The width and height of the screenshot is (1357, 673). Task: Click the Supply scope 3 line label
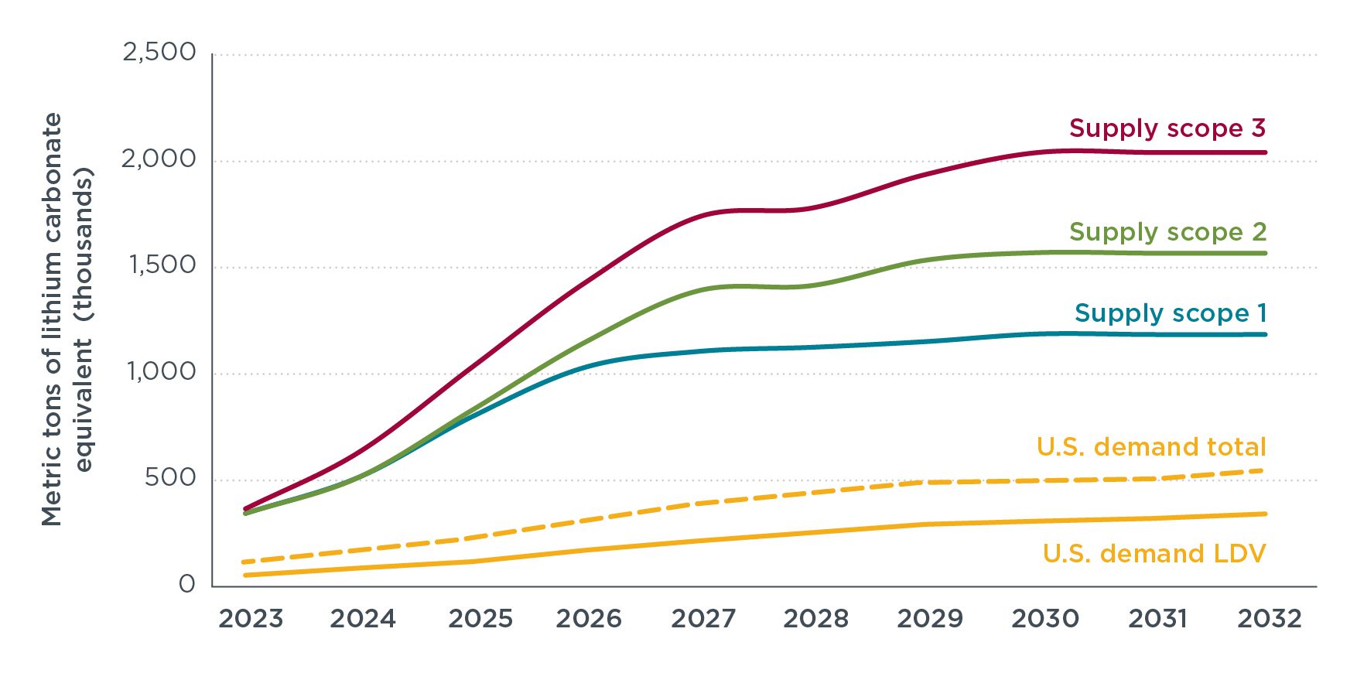coord(1167,128)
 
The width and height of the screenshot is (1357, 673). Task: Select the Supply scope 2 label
coord(1167,232)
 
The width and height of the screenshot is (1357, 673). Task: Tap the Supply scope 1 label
coord(1170,313)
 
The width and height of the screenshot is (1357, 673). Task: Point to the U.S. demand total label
coord(1150,447)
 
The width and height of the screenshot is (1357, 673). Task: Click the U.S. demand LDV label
coord(1154,554)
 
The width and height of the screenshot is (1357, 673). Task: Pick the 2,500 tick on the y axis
coord(159,53)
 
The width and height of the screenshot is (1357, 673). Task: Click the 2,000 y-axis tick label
coord(159,159)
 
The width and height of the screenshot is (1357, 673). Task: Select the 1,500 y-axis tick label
coord(162,265)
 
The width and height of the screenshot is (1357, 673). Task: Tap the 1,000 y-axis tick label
coord(162,372)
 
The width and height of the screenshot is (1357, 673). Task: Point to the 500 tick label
coord(170,478)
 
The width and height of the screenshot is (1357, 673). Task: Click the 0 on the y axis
coord(187,584)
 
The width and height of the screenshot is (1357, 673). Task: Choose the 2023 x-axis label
coord(251,619)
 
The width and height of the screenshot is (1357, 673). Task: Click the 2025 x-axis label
coord(480,619)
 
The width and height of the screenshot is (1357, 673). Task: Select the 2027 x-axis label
coord(702,619)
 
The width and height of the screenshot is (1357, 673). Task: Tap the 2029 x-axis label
coord(929,619)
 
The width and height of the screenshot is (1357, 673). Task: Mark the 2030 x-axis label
coord(1045,619)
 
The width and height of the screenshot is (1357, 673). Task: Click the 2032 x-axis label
coord(1270,619)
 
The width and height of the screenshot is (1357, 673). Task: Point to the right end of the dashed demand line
coord(1263,470)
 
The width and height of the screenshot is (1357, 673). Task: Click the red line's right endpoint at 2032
coord(1265,152)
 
